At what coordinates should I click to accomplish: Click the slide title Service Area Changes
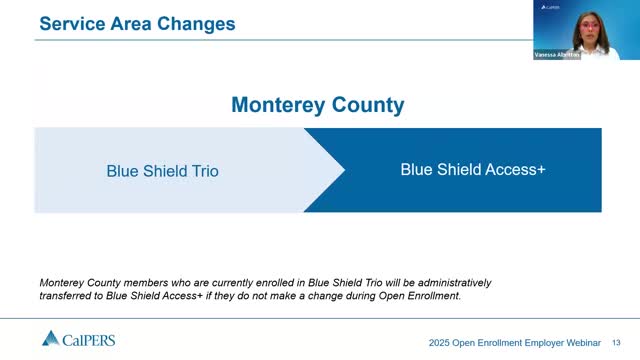(x=137, y=22)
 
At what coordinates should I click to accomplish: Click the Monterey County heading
(x=317, y=105)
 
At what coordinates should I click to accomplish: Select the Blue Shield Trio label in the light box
(x=162, y=171)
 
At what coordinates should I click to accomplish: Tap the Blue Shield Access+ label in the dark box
(x=472, y=170)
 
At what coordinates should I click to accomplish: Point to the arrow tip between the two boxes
(x=344, y=170)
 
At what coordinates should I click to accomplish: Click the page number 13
(x=616, y=341)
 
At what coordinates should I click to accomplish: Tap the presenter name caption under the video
(x=556, y=56)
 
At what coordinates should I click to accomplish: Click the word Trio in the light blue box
(x=204, y=171)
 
